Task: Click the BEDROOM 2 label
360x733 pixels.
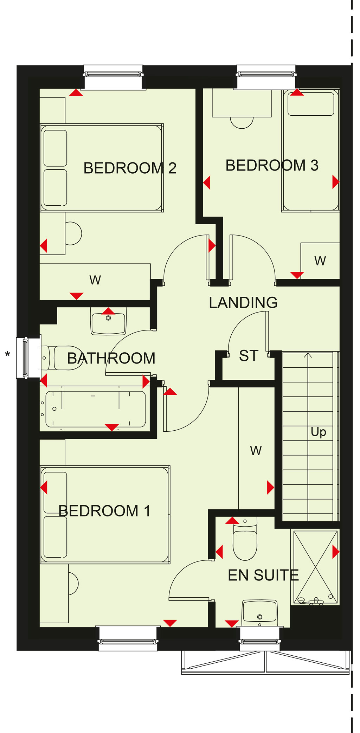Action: coord(130,168)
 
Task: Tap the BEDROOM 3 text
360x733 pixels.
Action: coord(272,165)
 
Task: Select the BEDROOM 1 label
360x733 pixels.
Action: coord(104,511)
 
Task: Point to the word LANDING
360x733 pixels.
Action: coord(243,302)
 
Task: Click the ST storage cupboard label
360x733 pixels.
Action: coord(249,356)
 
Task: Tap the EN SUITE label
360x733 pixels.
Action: coord(263,575)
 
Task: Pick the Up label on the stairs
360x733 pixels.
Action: coord(318,432)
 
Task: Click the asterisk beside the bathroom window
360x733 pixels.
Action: coord(7,354)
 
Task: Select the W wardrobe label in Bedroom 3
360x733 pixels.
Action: coord(320,261)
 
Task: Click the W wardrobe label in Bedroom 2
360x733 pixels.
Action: coord(95,280)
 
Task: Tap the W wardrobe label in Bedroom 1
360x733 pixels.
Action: coord(256,451)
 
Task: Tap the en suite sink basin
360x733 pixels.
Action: coord(260,613)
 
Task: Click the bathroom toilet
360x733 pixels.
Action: coord(62,358)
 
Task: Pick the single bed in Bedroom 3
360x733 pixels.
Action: coord(310,150)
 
